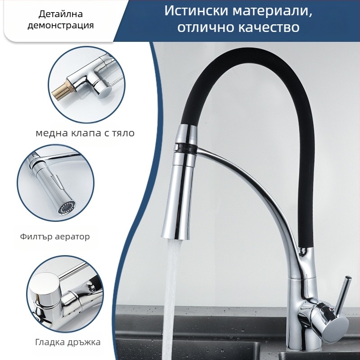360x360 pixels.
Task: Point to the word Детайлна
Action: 60,13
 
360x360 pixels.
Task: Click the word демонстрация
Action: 60,25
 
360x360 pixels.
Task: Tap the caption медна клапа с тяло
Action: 85,133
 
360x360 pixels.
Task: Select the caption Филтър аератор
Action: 55,236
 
